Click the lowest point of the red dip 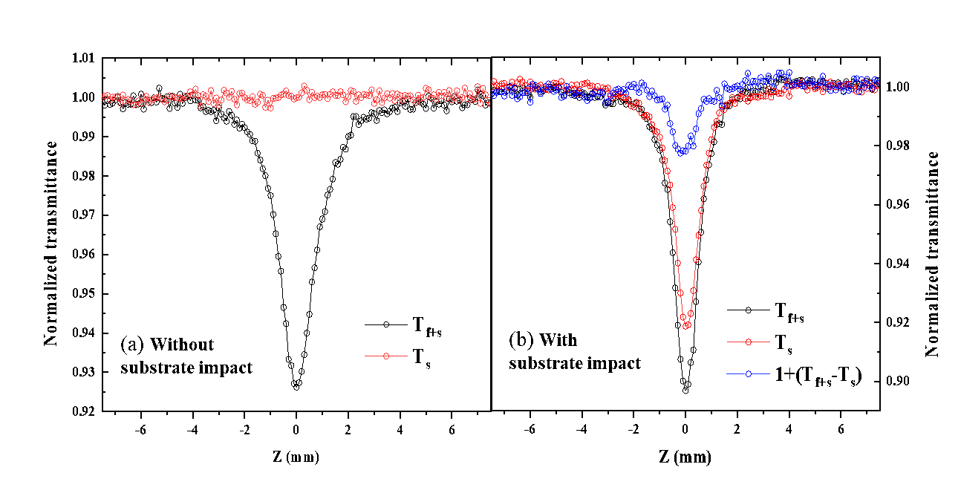(687, 325)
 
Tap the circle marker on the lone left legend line (386, 356)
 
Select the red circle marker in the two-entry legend (748, 342)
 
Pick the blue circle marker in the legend (748, 374)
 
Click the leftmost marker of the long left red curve (105, 97)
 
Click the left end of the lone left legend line (365, 356)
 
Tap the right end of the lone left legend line (407, 356)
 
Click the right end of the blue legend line (769, 374)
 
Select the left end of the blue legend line (727, 374)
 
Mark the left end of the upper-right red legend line (727, 342)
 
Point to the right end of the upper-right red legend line (769, 342)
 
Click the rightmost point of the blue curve (877, 81)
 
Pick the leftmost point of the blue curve (492, 94)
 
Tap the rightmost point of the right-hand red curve (876, 87)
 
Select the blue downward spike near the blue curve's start (530, 102)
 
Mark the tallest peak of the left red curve (304, 86)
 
